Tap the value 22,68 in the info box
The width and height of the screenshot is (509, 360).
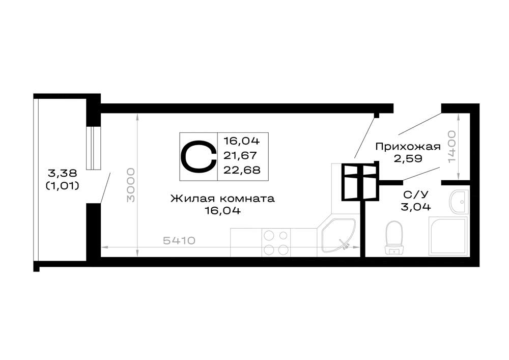(242, 170)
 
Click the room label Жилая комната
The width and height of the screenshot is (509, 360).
(223, 199)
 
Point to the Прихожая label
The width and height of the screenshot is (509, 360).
(408, 147)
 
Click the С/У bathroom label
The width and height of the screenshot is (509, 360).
(416, 195)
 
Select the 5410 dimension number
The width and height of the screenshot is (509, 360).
(179, 240)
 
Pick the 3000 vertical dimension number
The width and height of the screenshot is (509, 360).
(130, 185)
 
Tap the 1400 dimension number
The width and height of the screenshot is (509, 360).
(451, 147)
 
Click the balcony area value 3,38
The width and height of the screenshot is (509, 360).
(63, 173)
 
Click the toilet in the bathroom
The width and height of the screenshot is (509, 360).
(394, 238)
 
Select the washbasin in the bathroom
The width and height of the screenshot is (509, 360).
(459, 202)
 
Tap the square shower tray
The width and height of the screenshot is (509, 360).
(448, 236)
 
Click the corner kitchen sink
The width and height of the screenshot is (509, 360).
(339, 236)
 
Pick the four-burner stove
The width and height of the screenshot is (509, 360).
(276, 242)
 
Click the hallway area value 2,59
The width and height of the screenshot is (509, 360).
(408, 159)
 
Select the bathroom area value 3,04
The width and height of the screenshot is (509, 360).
(416, 206)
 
